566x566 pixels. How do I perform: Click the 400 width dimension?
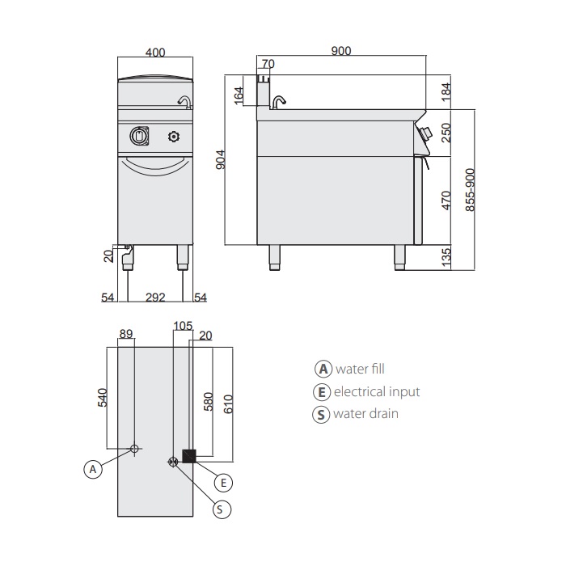[x=156, y=53]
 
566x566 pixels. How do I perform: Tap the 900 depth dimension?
[x=341, y=51]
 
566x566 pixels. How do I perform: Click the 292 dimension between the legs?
[x=155, y=298]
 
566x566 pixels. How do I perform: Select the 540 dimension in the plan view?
[x=103, y=397]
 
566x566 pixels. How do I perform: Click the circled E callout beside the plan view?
[x=226, y=482]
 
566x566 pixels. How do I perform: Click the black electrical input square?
[x=190, y=456]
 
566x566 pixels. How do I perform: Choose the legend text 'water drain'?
[x=365, y=414]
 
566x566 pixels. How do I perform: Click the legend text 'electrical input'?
[x=377, y=391]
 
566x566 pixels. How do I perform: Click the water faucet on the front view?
[x=184, y=101]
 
